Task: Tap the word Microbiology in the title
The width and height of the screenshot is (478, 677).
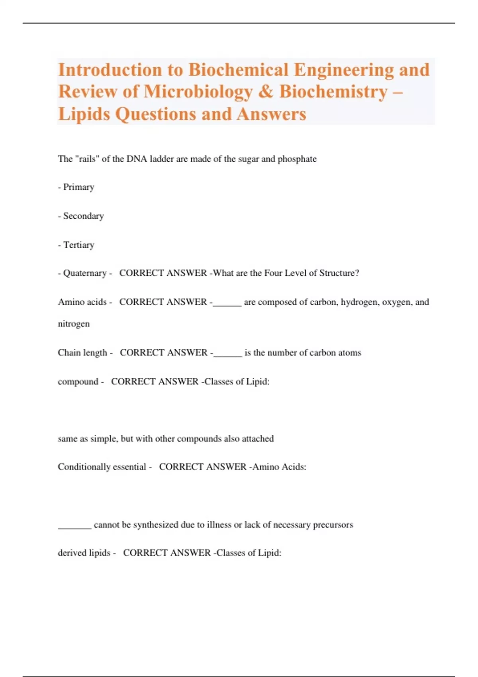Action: pos(198,92)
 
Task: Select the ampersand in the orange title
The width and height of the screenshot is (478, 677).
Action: pos(266,92)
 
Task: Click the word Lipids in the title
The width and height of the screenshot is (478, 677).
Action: pos(84,114)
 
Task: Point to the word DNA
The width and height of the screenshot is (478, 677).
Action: pos(137,159)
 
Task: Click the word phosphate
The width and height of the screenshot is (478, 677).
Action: pos(297,159)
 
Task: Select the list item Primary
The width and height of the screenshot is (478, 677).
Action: pos(78,187)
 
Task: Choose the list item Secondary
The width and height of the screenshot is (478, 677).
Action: pos(83,216)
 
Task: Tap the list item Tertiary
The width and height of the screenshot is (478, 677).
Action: pos(78,245)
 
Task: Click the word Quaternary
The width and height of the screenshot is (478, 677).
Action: pos(84,273)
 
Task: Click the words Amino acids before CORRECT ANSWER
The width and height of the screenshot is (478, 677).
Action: pos(82,302)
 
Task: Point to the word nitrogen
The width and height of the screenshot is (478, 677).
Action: pos(74,324)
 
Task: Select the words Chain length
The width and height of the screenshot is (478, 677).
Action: pos(82,352)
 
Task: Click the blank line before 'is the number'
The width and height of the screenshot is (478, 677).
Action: pos(227,356)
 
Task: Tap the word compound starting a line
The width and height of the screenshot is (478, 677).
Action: pos(78,382)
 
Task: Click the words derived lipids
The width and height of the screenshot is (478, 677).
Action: pos(84,553)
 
